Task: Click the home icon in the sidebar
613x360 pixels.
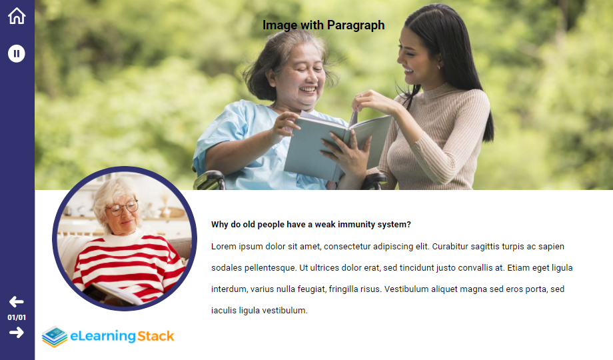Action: tap(17, 16)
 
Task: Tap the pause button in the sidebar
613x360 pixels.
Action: tap(17, 53)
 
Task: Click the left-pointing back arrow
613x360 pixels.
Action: tap(17, 302)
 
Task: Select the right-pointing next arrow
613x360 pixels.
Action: tap(17, 333)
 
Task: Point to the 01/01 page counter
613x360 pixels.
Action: tap(17, 317)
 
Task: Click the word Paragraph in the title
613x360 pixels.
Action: tap(356, 25)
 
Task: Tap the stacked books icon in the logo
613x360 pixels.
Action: tap(55, 337)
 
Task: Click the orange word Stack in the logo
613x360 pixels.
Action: tap(156, 336)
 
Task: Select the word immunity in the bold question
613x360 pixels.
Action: tap(356, 225)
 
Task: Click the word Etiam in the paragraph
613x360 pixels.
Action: tap(518, 267)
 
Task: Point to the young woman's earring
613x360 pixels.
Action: tap(438, 68)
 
